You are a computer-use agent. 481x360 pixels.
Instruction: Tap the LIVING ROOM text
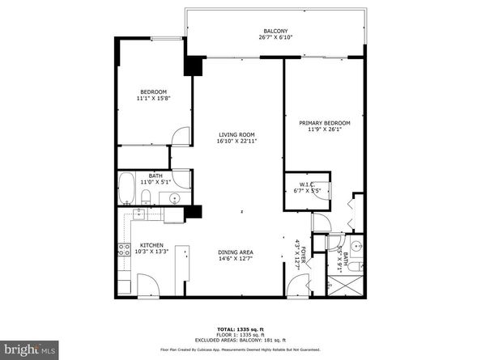(236, 134)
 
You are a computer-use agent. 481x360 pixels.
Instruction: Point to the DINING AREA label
(236, 252)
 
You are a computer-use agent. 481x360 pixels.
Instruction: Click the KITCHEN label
(151, 245)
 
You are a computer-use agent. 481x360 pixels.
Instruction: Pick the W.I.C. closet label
(307, 184)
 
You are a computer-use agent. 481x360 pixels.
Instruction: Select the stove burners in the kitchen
(125, 251)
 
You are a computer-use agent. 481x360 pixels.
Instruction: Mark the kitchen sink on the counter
(138, 214)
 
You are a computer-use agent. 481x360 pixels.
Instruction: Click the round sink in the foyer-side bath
(356, 245)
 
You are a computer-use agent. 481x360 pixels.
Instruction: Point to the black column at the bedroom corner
(193, 66)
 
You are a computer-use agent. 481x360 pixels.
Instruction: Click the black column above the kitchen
(193, 213)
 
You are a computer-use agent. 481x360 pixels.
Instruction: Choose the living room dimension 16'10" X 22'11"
(236, 142)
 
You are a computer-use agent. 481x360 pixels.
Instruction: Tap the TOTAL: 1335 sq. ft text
(240, 330)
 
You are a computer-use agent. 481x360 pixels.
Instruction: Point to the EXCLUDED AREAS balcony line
(240, 341)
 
